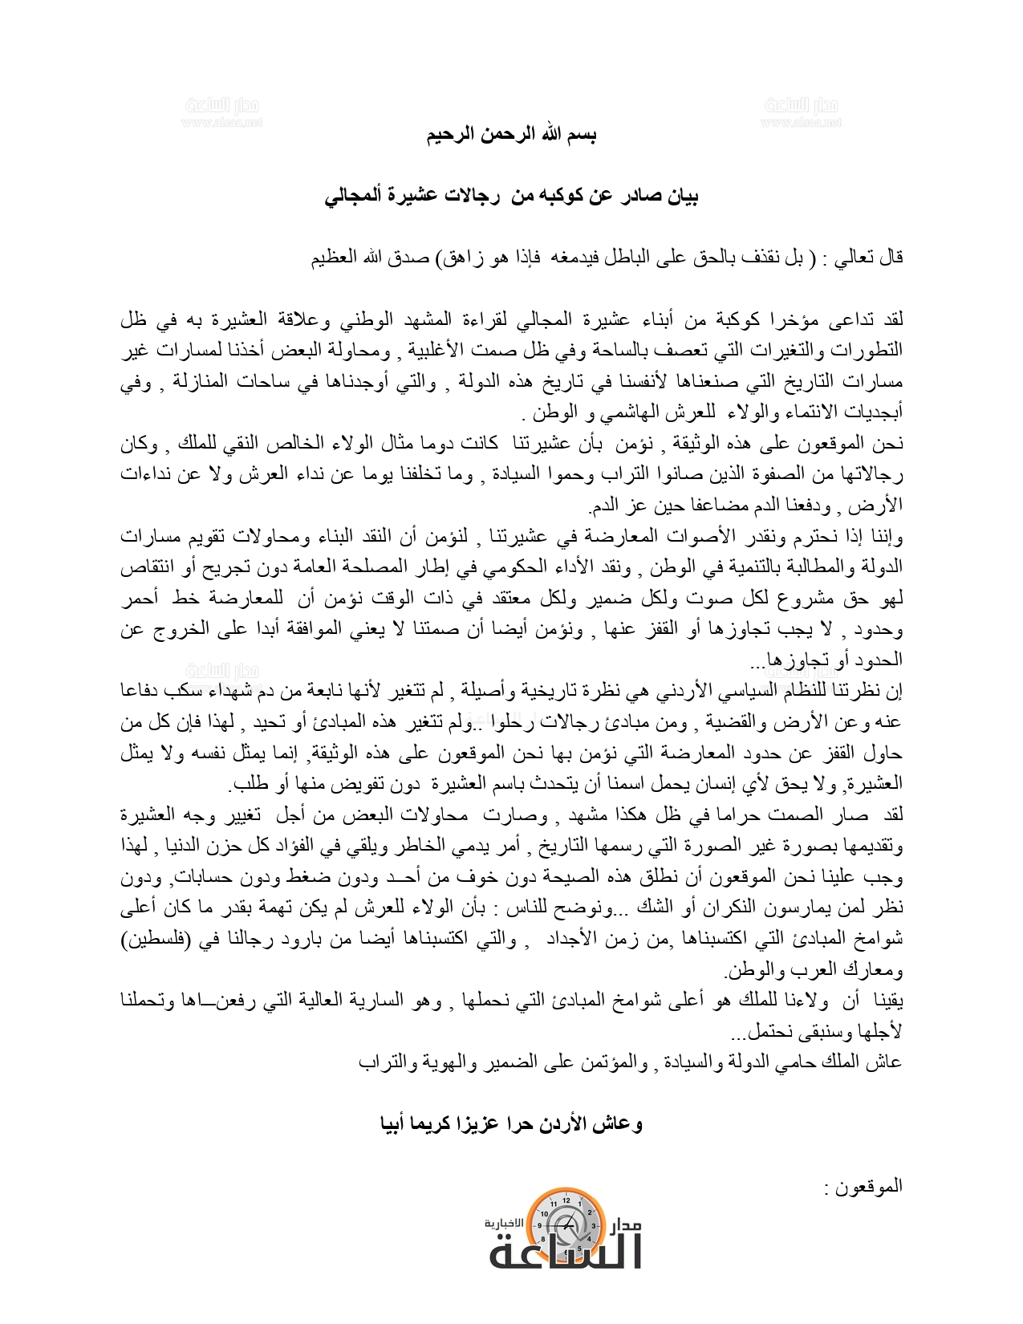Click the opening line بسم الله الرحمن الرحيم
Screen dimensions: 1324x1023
[511, 134]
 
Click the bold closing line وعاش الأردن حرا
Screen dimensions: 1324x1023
[511, 1123]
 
